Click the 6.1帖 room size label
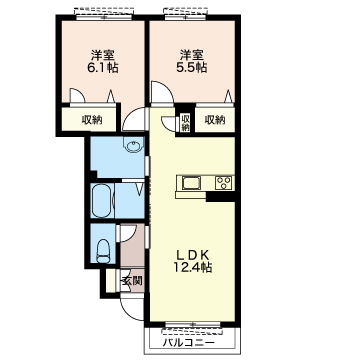[102, 68]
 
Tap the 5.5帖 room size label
[191, 68]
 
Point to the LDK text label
[192, 256]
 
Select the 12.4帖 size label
[192, 267]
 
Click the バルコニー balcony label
[189, 342]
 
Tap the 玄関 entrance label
[132, 281]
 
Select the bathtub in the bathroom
[102, 200]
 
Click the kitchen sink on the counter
[191, 183]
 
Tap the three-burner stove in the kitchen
[224, 183]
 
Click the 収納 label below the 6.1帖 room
[92, 120]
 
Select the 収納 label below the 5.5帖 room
[215, 120]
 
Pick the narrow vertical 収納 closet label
[186, 122]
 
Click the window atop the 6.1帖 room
[104, 14]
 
